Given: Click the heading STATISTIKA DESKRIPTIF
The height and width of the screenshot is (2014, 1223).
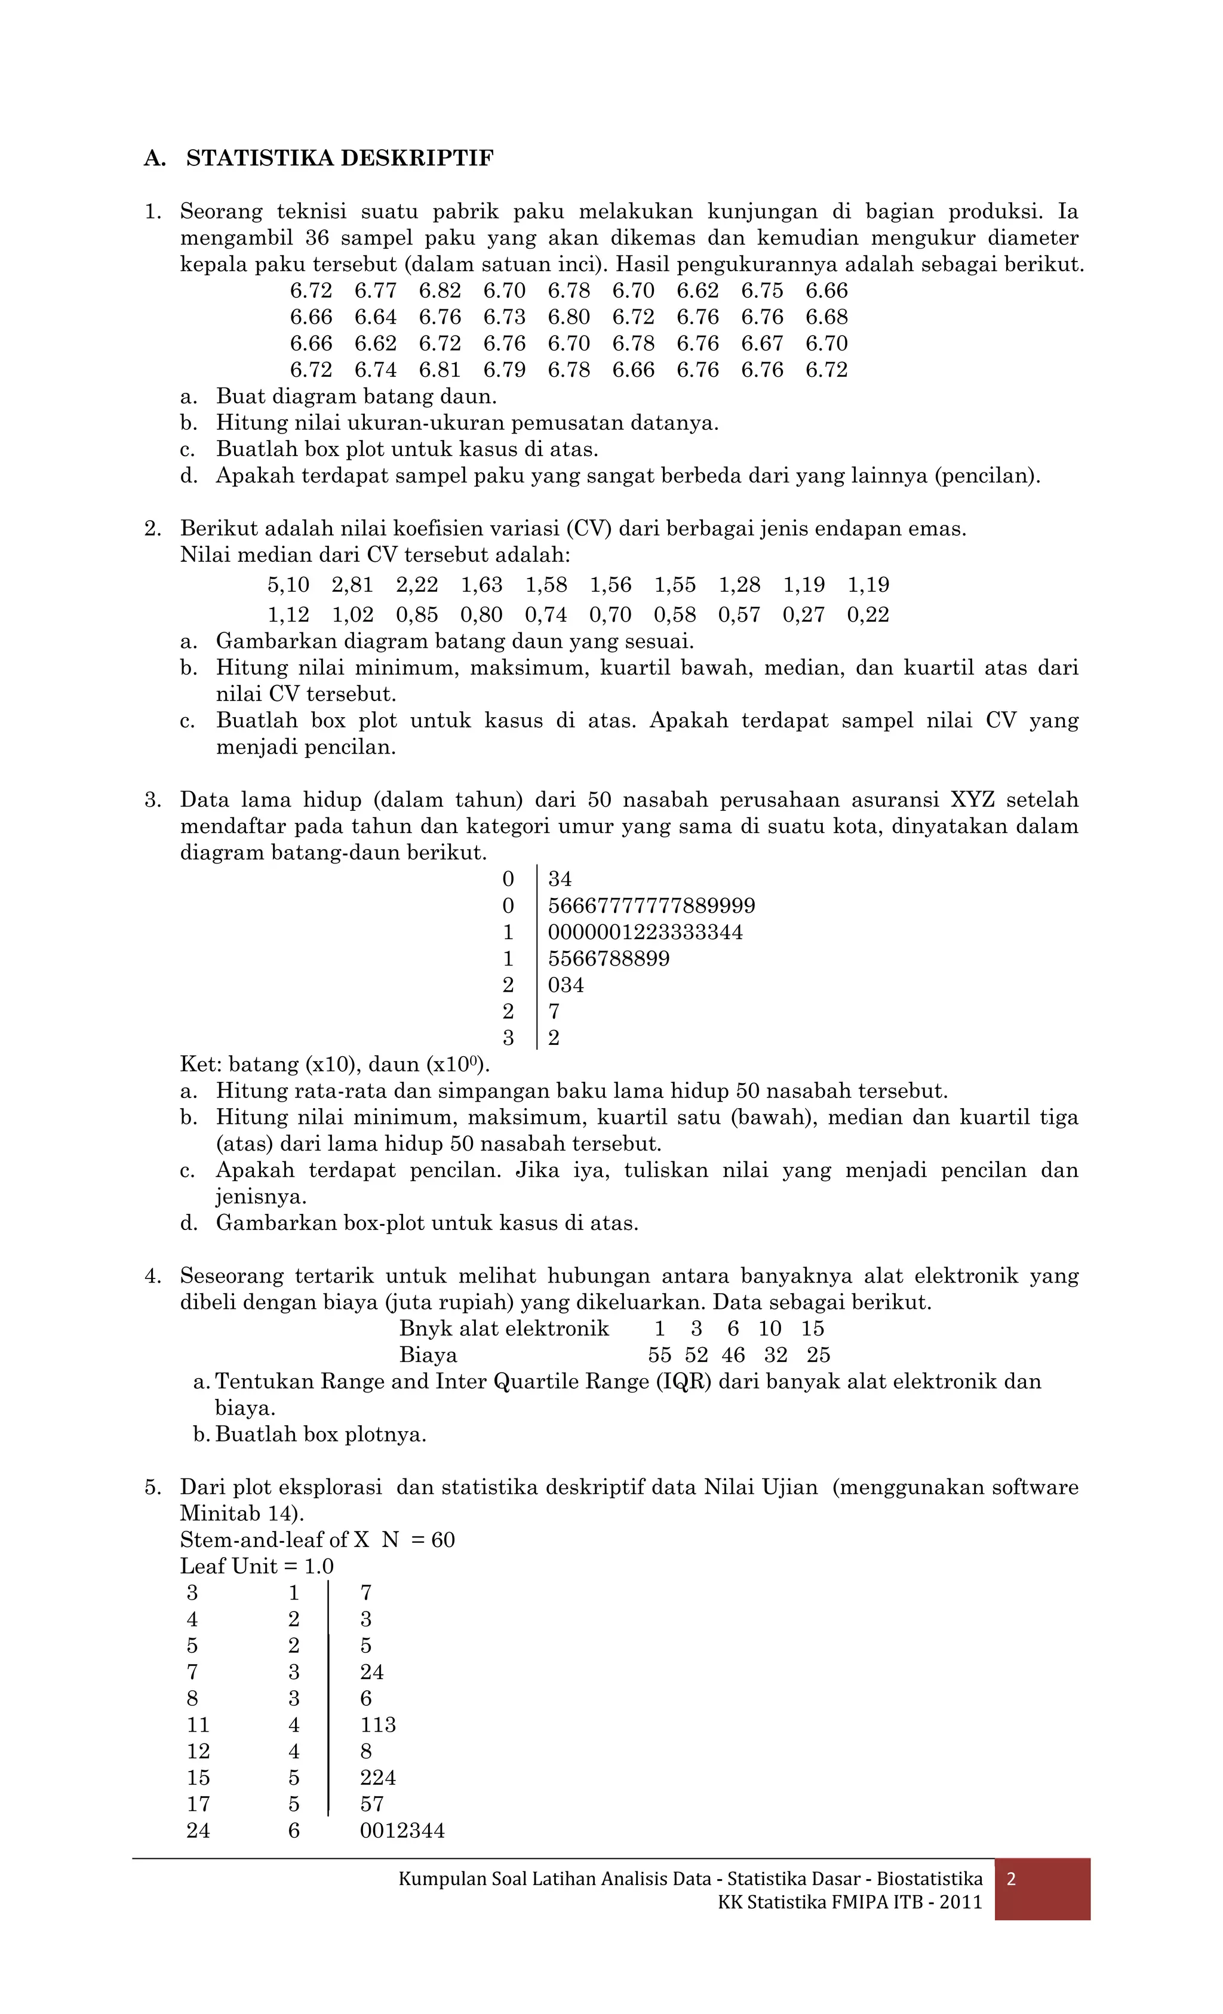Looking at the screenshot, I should pyautogui.click(x=339, y=159).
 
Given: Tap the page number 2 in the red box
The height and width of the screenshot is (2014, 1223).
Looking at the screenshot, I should pyautogui.click(x=1011, y=1879).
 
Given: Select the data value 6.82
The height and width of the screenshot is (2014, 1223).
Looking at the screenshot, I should pyautogui.click(x=440, y=291).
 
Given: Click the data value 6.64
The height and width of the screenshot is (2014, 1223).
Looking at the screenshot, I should pyautogui.click(x=375, y=317).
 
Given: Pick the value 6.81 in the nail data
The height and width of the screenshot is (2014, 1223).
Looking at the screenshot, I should pyautogui.click(x=440, y=370).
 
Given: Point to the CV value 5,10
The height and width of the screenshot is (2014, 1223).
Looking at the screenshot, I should pyautogui.click(x=288, y=585).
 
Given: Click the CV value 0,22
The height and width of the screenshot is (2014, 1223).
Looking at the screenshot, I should pyautogui.click(x=868, y=614).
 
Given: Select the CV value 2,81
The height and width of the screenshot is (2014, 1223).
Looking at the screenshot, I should pyautogui.click(x=352, y=585).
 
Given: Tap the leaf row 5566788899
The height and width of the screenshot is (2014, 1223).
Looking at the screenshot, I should pyautogui.click(x=609, y=959).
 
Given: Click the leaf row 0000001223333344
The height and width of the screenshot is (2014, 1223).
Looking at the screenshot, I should pyautogui.click(x=645, y=933).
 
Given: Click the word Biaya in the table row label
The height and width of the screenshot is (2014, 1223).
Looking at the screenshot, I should pyautogui.click(x=428, y=1355).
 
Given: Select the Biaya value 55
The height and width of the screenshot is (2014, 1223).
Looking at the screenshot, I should pyautogui.click(x=660, y=1355).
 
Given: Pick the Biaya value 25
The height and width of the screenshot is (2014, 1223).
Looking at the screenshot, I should pyautogui.click(x=818, y=1355).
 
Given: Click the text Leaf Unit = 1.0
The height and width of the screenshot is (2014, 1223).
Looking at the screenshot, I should pyautogui.click(x=257, y=1567).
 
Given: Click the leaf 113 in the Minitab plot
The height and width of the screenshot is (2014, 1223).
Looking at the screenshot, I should pyautogui.click(x=377, y=1724).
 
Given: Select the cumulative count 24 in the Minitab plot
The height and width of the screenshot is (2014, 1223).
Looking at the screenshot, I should pyautogui.click(x=198, y=1831).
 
